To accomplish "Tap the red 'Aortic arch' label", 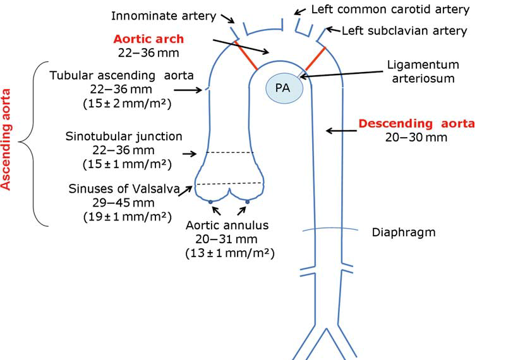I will [x=149, y=39].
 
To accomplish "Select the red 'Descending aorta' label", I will [x=416, y=123].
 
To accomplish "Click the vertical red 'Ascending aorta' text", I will [x=8, y=140].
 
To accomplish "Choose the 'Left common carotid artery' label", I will [x=390, y=9].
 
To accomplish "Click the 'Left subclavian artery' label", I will [x=404, y=30].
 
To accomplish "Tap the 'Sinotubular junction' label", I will [x=124, y=136].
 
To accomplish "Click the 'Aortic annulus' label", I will [x=227, y=225].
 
